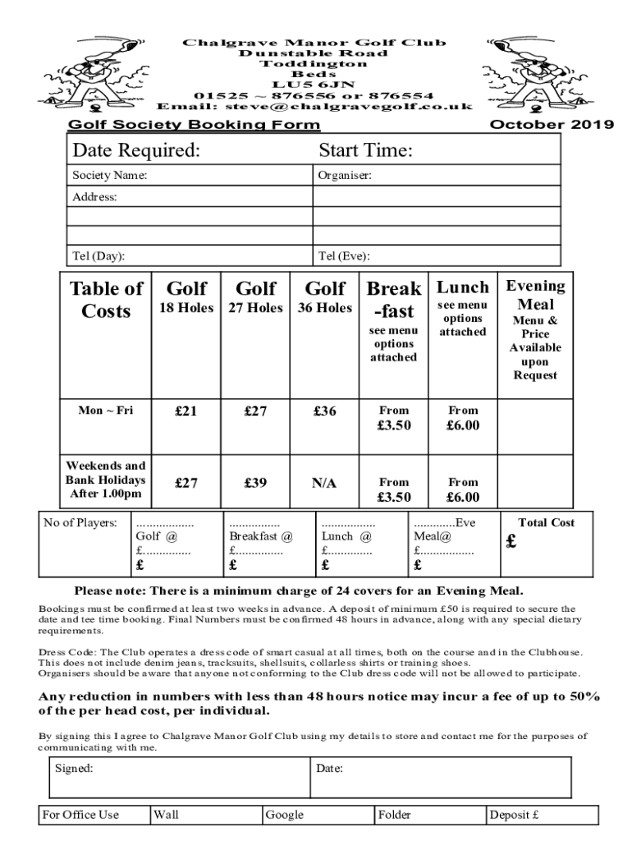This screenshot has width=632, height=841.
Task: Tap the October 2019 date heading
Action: tap(551, 125)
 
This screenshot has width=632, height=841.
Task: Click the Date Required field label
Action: tap(136, 151)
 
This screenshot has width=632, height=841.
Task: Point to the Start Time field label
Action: tap(365, 151)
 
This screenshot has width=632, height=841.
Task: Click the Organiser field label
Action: tap(345, 175)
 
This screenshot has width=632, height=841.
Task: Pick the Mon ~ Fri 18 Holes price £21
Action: tap(186, 411)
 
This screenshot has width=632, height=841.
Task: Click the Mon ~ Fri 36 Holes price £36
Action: tap(325, 411)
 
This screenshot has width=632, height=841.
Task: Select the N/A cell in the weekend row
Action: tap(324, 484)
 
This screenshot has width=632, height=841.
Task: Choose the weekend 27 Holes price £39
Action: tap(255, 484)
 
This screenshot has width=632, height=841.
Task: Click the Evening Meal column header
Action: tap(535, 295)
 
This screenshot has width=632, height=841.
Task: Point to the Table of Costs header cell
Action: tap(106, 300)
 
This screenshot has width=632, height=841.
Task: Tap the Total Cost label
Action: tap(546, 522)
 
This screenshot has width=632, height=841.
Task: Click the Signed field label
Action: tap(74, 769)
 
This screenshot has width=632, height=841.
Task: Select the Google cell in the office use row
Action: tap(284, 815)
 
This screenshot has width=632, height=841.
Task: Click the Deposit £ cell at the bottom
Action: tap(514, 815)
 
